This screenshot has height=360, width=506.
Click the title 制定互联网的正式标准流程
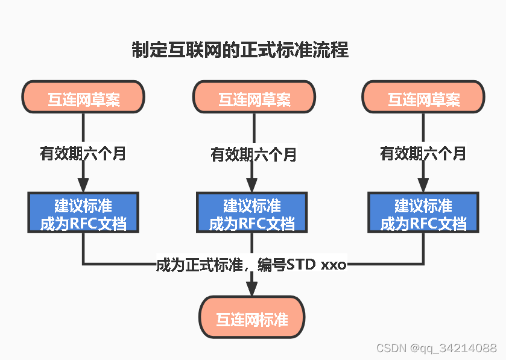coord(240,49)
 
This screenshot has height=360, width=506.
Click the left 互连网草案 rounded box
coord(83,97)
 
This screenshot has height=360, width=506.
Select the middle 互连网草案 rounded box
coord(254,97)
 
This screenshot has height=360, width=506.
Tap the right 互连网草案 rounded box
coord(423,97)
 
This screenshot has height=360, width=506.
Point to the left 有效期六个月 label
coord(83,153)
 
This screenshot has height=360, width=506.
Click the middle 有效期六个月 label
coord(254,154)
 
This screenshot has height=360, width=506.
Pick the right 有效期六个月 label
coord(423,153)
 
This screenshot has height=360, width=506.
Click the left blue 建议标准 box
coord(83,212)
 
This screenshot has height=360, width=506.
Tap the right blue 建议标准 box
coord(423,212)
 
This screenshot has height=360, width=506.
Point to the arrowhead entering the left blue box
coord(83,185)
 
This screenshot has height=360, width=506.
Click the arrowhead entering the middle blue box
coord(253,185)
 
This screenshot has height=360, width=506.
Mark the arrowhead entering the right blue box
coord(423,185)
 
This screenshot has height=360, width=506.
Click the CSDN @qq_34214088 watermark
coord(436,348)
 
